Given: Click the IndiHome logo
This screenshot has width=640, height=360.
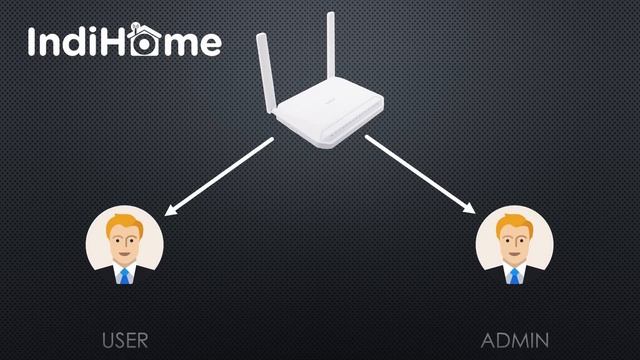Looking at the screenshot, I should [x=125, y=42].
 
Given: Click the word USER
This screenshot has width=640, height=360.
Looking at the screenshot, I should [x=125, y=340].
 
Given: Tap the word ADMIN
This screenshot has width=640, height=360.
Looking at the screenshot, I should [x=515, y=340].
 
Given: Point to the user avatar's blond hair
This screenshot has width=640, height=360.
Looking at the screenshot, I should [x=125, y=220].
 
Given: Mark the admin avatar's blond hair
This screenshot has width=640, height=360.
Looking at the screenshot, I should [x=515, y=220].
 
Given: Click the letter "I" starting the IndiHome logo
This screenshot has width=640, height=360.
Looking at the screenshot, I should [x=33, y=42].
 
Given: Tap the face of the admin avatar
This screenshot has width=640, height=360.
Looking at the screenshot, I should [x=515, y=243].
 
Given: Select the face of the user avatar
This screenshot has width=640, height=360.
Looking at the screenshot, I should [x=125, y=243].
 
